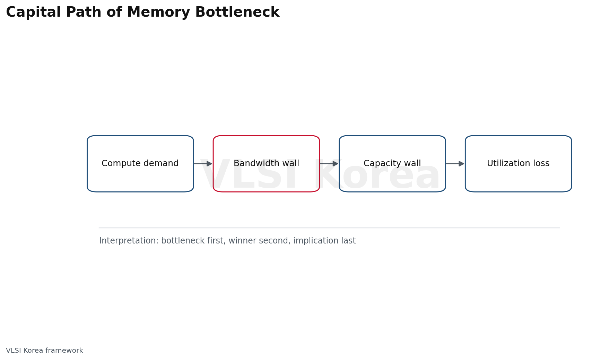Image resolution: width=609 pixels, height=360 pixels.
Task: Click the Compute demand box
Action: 140,164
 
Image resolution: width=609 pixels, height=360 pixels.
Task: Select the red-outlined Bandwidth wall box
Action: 266,164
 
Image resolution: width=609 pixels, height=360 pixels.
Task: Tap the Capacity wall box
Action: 392,164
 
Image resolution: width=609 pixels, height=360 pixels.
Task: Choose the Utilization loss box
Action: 518,164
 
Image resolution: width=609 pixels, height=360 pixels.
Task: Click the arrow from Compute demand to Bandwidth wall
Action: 203,164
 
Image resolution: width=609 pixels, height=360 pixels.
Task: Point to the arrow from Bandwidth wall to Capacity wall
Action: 329,164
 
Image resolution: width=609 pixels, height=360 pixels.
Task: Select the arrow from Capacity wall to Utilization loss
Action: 455,164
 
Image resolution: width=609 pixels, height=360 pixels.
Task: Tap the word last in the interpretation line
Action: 349,241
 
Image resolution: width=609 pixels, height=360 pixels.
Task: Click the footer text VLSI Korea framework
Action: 45,351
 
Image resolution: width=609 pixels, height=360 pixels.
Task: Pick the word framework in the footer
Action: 66,351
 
